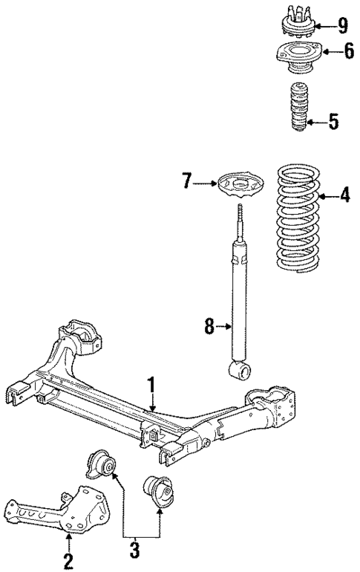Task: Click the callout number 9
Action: [341, 26]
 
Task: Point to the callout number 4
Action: [344, 196]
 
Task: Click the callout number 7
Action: [186, 180]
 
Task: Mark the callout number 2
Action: [68, 558]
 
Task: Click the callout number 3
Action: [133, 550]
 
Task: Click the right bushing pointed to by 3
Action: [157, 491]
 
